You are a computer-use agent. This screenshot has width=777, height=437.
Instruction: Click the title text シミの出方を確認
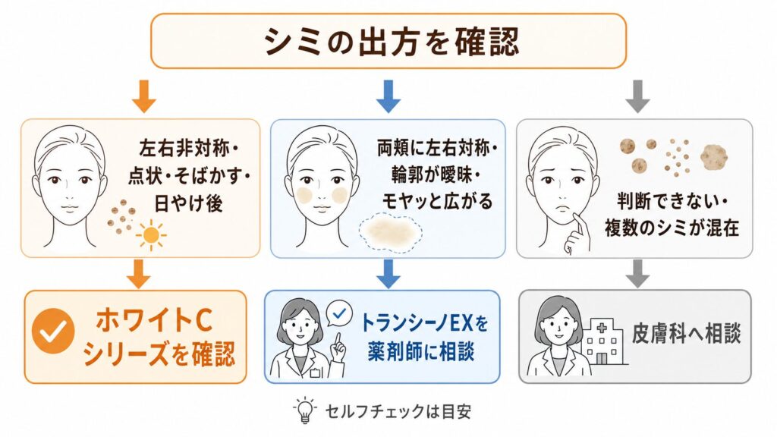[391, 41]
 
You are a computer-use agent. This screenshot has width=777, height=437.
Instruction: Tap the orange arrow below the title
[144, 96]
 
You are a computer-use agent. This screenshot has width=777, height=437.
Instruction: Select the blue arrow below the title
[388, 96]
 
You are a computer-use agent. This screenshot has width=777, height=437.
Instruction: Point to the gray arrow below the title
[637, 96]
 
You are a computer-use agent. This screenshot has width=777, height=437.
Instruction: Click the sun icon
[151, 235]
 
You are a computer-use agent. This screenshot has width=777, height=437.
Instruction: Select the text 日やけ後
[188, 203]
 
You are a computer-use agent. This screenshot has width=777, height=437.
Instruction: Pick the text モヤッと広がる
[437, 201]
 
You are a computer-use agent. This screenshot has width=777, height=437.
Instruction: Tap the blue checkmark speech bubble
[339, 314]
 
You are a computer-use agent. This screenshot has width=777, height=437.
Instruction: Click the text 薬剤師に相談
[420, 351]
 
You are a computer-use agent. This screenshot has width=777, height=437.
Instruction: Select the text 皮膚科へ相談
[686, 334]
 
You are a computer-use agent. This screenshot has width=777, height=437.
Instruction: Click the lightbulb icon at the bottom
[305, 410]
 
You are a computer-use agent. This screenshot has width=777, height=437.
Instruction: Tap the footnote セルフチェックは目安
[398, 412]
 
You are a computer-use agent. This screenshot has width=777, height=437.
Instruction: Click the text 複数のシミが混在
[672, 228]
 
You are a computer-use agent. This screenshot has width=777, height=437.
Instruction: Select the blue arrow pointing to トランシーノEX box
[388, 273]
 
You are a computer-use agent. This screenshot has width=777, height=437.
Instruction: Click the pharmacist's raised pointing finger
[338, 342]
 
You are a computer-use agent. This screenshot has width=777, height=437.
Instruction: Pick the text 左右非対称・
[189, 149]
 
